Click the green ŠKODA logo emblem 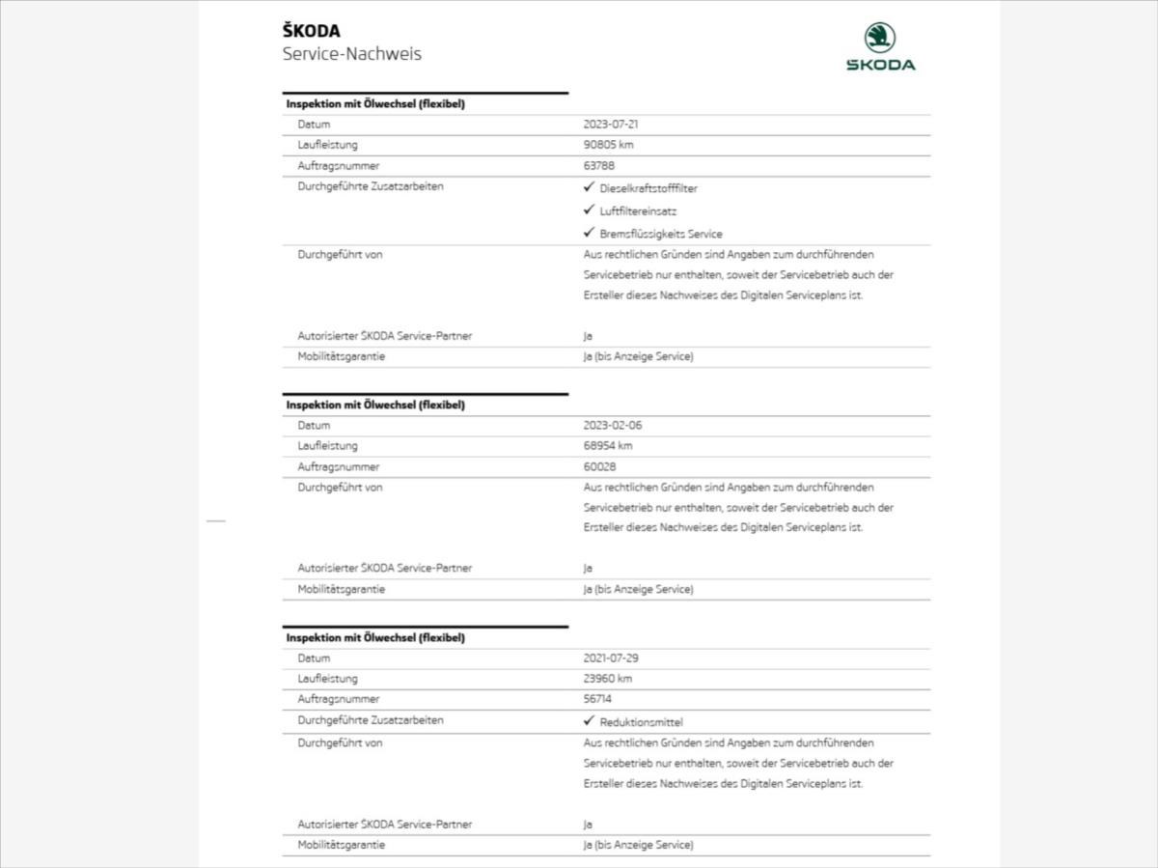(x=880, y=38)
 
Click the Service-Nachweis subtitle (x=351, y=54)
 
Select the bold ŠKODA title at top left (x=311, y=31)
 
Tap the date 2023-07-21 (x=611, y=125)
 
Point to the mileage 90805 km (x=609, y=145)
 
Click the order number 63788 (x=599, y=166)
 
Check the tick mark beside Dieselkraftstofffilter (x=589, y=187)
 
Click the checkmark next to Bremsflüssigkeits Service (x=589, y=233)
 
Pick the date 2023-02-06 (x=612, y=426)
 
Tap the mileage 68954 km (x=609, y=446)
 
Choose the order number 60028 (x=599, y=467)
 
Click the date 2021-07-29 (x=611, y=658)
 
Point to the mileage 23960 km (x=609, y=679)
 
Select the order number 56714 (x=598, y=699)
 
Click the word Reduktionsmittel (x=641, y=722)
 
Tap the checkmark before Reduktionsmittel (x=589, y=720)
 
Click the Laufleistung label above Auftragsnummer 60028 (x=327, y=446)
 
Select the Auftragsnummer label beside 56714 (x=338, y=699)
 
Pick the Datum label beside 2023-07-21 (x=314, y=125)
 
